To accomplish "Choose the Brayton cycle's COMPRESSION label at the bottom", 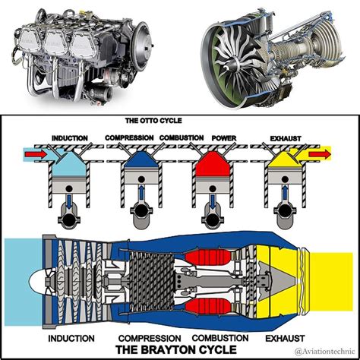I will click(148, 337).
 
